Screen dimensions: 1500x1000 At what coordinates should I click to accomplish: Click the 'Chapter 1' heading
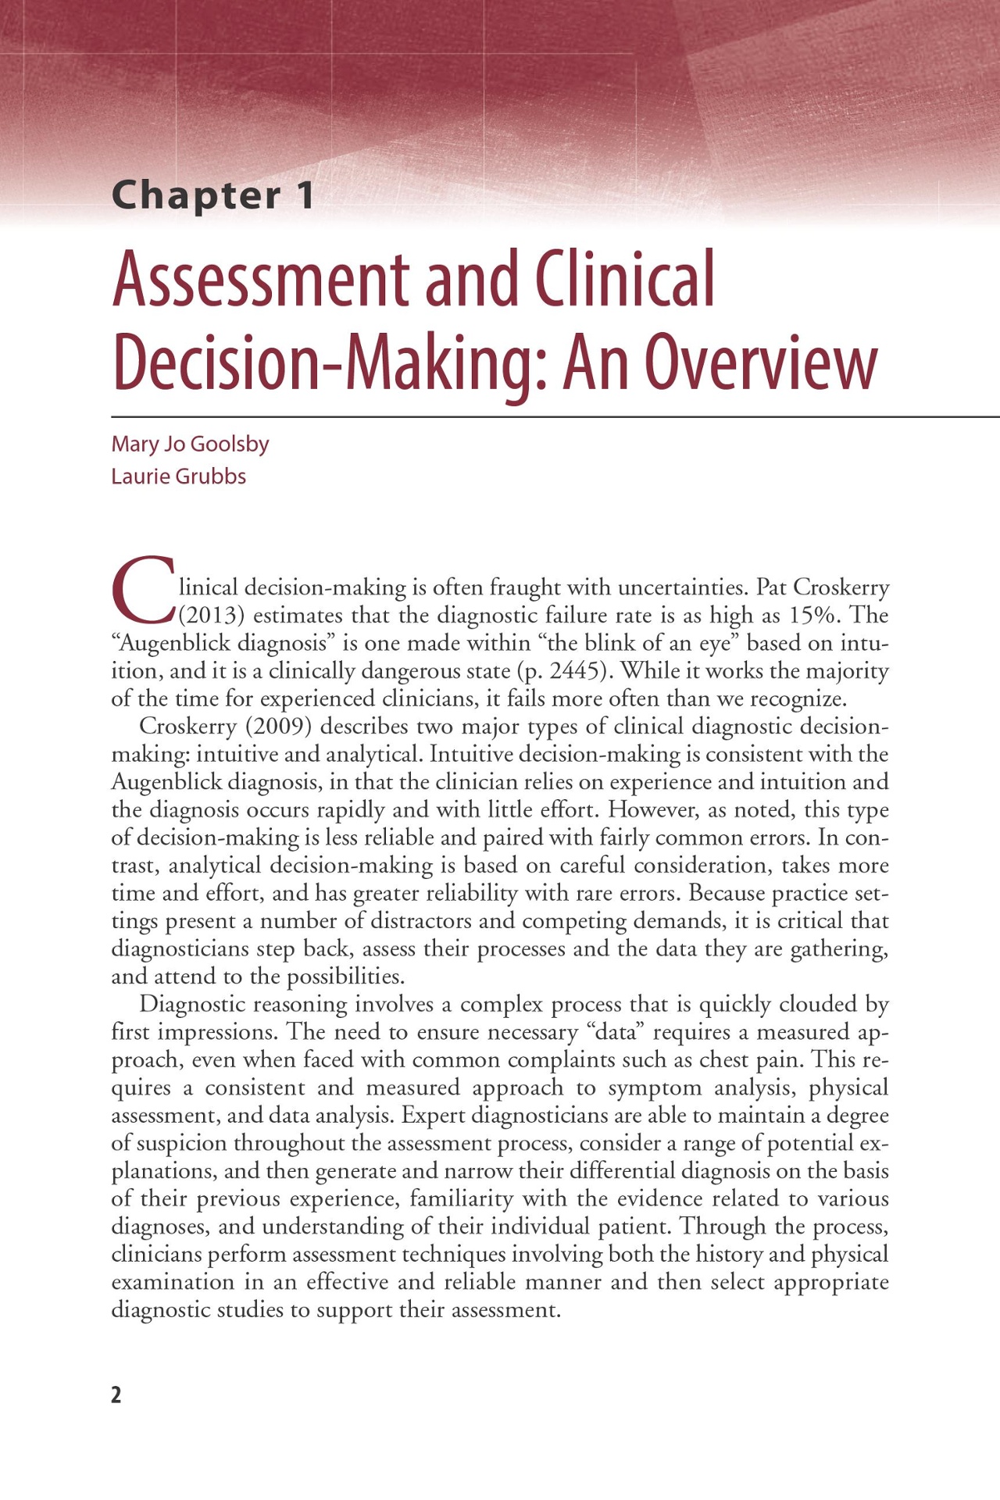click(x=213, y=195)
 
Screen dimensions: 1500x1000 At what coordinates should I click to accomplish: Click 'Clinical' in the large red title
click(x=624, y=279)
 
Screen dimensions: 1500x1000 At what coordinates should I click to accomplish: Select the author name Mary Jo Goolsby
click(x=190, y=444)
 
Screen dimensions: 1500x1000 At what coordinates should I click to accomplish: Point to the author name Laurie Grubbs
click(x=178, y=476)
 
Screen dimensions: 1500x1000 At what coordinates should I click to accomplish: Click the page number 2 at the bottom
click(x=116, y=1395)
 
